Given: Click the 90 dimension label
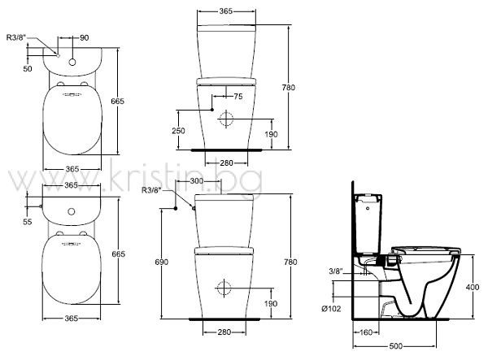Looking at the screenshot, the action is tap(85, 37).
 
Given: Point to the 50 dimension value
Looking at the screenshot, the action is tap(28, 68).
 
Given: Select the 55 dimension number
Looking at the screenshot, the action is tap(28, 222).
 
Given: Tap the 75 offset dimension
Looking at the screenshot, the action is tap(238, 97).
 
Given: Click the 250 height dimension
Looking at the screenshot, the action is tap(178, 131).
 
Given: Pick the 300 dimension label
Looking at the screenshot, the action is tap(196, 181).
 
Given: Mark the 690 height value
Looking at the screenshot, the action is tap(162, 262).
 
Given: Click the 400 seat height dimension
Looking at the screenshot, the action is tap(473, 288).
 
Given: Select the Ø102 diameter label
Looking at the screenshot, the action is tap(331, 308).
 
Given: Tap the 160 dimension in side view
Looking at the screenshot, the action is tap(366, 332).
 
